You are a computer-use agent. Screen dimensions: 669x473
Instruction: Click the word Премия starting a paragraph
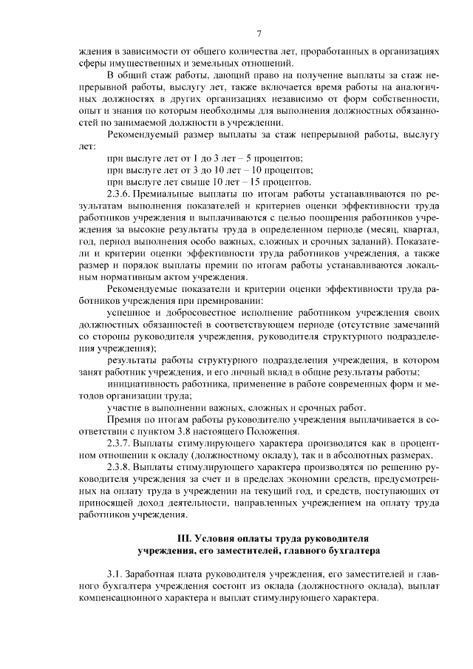coord(125,419)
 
